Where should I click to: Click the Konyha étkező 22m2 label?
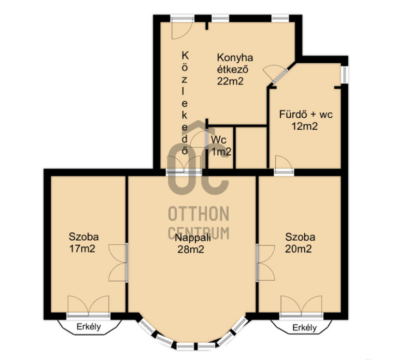tap(235, 70)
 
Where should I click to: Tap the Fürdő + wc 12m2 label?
tap(306, 120)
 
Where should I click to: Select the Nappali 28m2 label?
tap(192, 243)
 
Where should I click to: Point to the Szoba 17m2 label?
tap(83, 243)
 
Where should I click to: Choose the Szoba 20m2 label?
tap(300, 243)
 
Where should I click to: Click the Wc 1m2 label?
tap(221, 146)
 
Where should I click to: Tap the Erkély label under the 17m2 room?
tap(89, 327)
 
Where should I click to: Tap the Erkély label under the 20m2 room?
tap(305, 327)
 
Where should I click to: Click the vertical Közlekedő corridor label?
tap(185, 103)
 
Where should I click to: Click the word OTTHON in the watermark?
tap(198, 214)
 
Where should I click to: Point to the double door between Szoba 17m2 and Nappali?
tap(118, 262)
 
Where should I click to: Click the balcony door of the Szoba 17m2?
tap(88, 306)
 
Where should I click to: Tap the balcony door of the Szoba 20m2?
tap(301, 306)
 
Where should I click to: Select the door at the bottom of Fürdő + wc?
tap(284, 165)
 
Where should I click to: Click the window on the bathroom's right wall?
tap(344, 75)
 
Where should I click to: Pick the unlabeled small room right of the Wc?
tap(251, 148)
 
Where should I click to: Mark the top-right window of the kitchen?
tap(280, 18)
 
